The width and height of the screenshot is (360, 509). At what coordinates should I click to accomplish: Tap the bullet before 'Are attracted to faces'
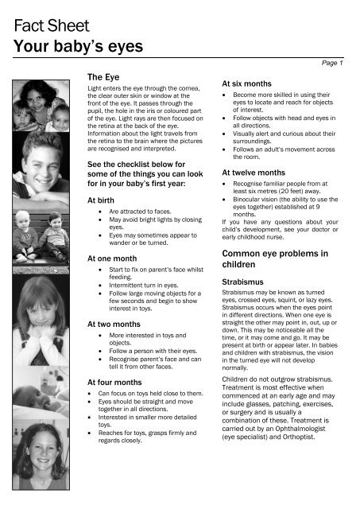[99, 215]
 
